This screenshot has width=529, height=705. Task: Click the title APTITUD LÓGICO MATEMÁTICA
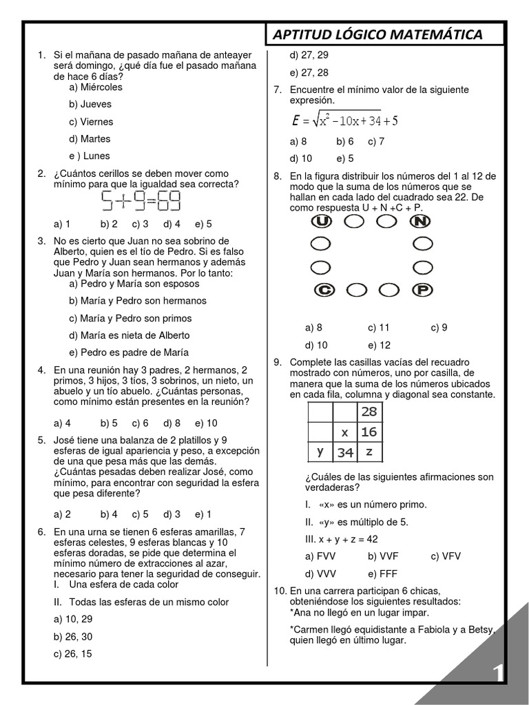click(x=377, y=34)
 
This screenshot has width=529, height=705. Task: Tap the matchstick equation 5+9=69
click(x=141, y=201)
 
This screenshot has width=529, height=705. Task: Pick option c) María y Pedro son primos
click(x=130, y=318)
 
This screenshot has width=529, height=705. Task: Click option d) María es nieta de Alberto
click(x=129, y=335)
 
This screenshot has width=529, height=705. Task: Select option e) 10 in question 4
click(x=206, y=423)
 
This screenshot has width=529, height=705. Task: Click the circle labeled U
click(x=322, y=221)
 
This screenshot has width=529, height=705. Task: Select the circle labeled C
click(x=323, y=291)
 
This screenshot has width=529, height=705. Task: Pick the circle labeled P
click(x=422, y=291)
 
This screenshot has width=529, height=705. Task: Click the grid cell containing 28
click(x=369, y=411)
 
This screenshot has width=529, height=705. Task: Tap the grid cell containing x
click(x=345, y=432)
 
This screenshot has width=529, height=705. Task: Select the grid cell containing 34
click(x=345, y=452)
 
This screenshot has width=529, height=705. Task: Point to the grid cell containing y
click(x=320, y=452)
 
